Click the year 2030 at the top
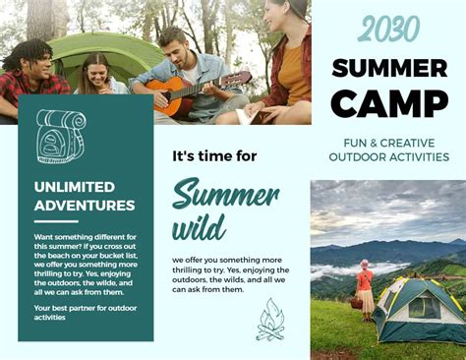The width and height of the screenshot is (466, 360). [x=387, y=30]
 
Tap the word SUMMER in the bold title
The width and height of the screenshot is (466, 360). [x=389, y=68]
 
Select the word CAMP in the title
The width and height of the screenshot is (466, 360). [x=389, y=102]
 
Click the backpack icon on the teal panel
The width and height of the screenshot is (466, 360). [x=60, y=136]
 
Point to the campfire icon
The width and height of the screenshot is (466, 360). [x=270, y=320]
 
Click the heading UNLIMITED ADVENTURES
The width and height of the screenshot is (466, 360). [x=85, y=196]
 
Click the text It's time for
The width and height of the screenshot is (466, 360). [x=214, y=155]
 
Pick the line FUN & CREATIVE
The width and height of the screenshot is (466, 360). [x=389, y=141]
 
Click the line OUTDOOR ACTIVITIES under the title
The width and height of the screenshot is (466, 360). [x=389, y=156]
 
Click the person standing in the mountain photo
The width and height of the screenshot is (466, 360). [x=365, y=286]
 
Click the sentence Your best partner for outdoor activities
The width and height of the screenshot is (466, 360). [x=83, y=312]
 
